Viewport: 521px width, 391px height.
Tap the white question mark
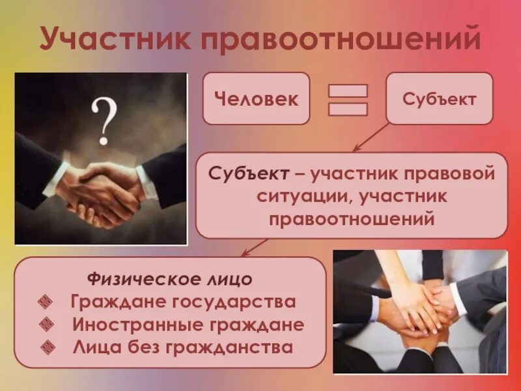click(104, 120)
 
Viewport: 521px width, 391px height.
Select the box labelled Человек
click(256, 99)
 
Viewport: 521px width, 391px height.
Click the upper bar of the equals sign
click(347, 91)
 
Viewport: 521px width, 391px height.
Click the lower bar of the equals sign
click(347, 109)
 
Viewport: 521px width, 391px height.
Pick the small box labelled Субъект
click(439, 99)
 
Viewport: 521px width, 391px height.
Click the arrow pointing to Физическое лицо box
click(254, 247)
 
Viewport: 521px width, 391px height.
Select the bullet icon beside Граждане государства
click(46, 302)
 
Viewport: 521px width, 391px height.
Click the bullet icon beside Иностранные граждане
click(46, 324)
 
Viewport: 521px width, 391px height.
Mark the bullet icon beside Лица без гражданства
click(46, 346)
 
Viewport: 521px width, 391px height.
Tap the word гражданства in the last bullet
click(237, 347)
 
